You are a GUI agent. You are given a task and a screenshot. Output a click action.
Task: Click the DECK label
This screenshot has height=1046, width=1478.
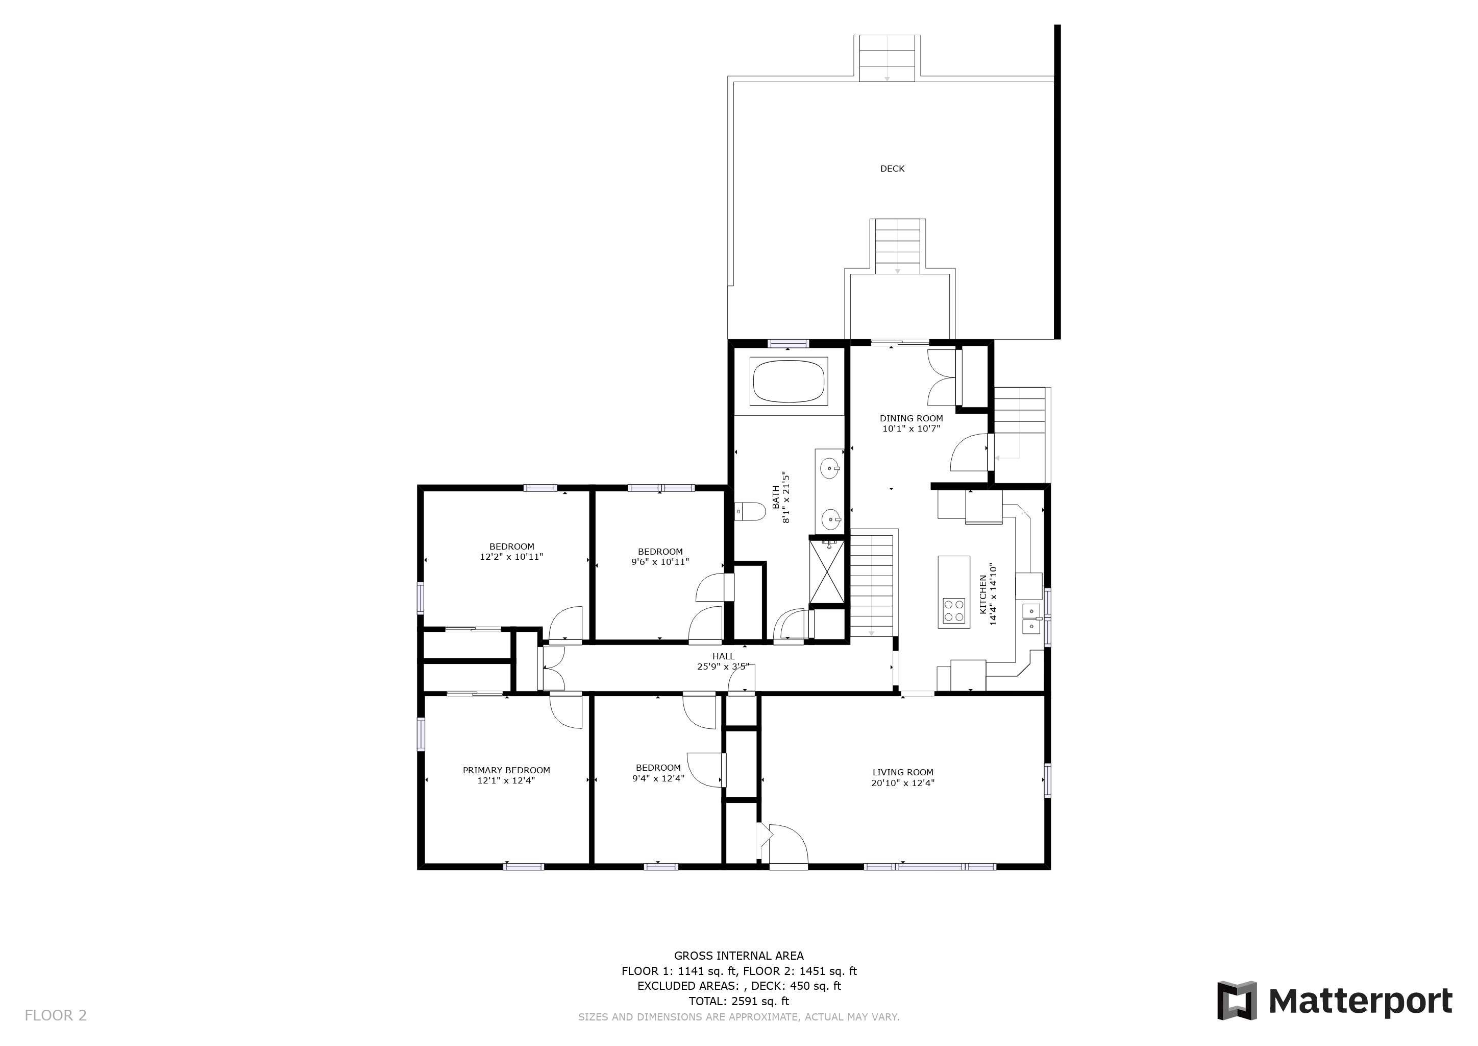point(892,169)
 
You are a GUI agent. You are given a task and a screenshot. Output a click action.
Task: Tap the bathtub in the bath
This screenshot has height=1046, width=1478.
point(789,381)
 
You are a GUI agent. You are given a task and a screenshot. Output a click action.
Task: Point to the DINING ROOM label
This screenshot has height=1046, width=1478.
point(912,418)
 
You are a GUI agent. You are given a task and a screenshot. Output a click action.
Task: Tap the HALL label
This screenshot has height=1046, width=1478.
point(724,656)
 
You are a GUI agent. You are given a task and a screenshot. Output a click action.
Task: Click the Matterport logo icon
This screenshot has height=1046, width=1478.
point(1237,1001)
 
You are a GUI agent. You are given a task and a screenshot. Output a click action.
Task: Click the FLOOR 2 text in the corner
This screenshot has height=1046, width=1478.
point(55,1016)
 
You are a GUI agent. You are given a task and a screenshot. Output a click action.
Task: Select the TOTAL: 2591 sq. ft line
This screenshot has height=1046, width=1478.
point(739,1001)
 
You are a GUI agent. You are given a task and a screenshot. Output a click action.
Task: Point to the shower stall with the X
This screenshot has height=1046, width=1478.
point(827,572)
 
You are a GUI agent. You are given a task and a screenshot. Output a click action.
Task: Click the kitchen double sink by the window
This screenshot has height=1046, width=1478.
point(1031,619)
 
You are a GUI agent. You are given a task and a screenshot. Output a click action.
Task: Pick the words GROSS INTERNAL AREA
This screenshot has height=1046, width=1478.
point(739,956)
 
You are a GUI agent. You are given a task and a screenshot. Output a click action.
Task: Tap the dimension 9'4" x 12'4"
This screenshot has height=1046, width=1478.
point(658,778)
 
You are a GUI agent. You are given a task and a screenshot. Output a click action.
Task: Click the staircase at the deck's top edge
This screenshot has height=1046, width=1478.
point(887,58)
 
